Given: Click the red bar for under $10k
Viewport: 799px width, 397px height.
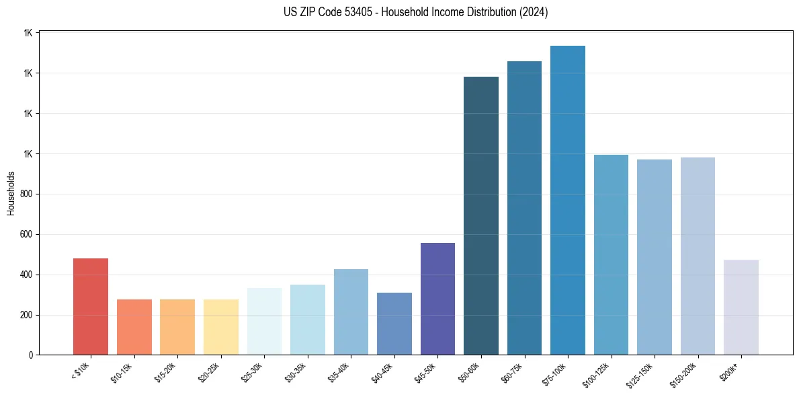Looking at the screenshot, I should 91,307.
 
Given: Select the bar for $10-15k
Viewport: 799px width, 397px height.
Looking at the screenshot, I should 134,327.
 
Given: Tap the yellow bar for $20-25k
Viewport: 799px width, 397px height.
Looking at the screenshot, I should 220,327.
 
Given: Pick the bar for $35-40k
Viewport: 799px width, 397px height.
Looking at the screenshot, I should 351,312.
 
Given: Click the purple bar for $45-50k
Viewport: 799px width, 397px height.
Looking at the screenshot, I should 437,299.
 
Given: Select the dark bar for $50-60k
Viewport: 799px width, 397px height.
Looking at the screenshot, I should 481,215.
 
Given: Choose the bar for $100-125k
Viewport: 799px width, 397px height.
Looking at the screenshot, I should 611,255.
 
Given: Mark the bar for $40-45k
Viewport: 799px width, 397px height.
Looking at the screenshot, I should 394,324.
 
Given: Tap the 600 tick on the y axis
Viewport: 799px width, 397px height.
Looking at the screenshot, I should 27,234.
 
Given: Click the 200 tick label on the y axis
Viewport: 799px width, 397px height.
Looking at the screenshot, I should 27,315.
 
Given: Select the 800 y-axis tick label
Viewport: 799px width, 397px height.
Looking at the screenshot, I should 27,194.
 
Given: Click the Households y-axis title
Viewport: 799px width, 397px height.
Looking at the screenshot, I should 11,193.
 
